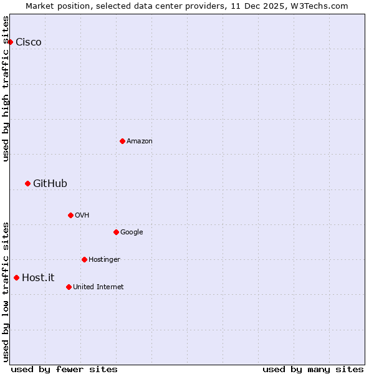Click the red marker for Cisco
coord(10,42)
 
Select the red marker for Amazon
coord(122,141)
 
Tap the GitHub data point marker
coord(27,183)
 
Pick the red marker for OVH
coord(70,215)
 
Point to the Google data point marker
coord(116,232)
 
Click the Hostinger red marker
coord(84,259)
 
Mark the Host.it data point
coord(16,277)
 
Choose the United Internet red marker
coord(69,287)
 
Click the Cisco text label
coord(29,42)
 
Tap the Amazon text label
coord(140,141)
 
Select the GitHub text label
coord(50,184)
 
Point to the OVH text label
coord(82,216)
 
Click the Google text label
coord(132,233)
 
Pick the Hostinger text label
coord(104,260)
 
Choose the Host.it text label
coord(38,278)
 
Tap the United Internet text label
coord(98,287)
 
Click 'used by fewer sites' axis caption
coord(64,369)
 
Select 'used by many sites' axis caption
coord(313,369)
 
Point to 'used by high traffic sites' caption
coord(6,89)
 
